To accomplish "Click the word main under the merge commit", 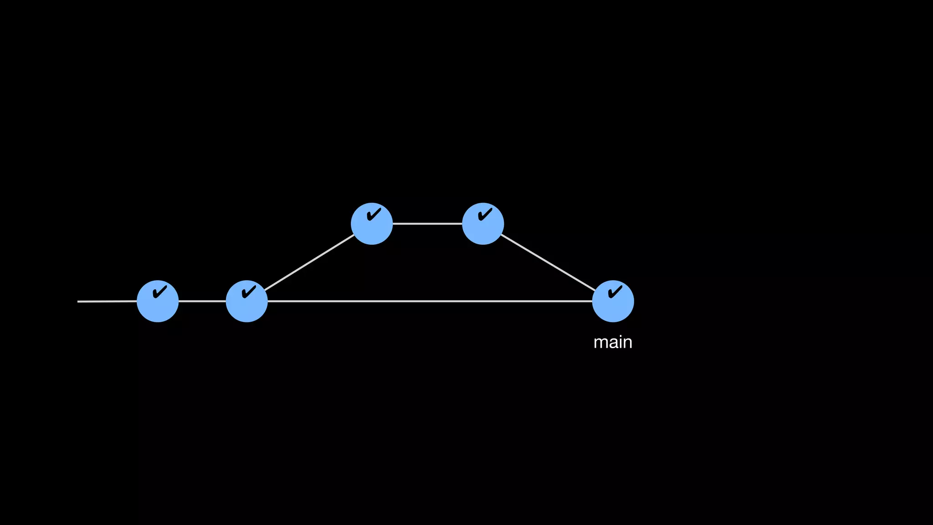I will point(613,342).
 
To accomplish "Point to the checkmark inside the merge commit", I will point(615,291).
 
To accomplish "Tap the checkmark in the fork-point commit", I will point(249,291).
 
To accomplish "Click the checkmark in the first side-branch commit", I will point(374,214).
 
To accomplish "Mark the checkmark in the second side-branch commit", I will point(485,214).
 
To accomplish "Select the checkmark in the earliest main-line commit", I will point(160,291).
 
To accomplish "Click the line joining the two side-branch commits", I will point(427,224).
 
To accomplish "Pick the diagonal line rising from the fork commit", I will point(309,262).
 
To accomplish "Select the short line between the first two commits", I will point(202,301).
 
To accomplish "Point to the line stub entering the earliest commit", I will point(107,301).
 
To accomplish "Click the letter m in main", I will point(600,343).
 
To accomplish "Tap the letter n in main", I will point(627,343).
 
